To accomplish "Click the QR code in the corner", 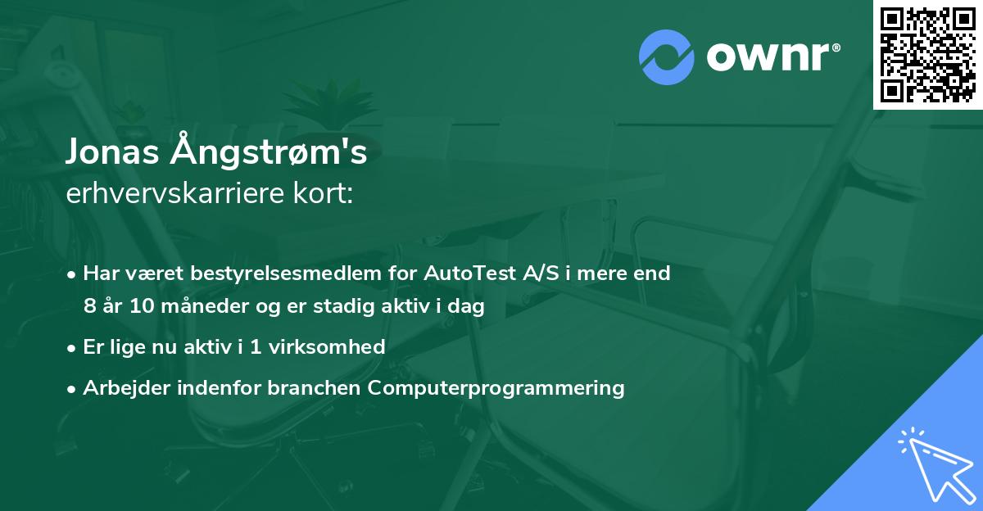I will [927, 54].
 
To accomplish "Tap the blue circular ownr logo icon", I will [667, 57].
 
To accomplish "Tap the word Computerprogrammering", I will [496, 387].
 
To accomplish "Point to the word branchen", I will [315, 387].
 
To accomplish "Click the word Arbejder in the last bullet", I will [120, 387].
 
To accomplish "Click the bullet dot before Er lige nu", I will [73, 348].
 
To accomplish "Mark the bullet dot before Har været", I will [73, 274].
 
